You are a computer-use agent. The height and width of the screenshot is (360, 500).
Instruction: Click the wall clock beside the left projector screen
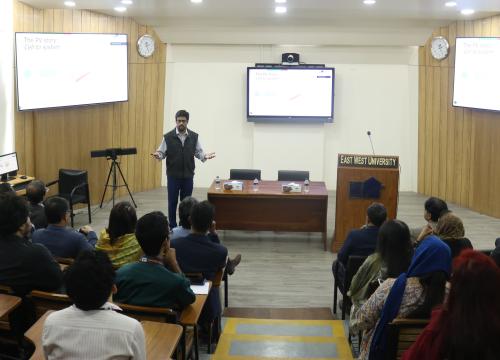point(146,46)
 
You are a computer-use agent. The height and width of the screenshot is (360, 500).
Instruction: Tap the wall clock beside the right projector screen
point(439,48)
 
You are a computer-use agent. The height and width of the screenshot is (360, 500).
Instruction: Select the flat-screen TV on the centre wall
point(290,93)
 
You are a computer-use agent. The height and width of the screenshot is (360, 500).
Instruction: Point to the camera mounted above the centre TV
point(290,58)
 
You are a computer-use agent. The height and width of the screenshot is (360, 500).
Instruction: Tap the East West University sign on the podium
point(367,160)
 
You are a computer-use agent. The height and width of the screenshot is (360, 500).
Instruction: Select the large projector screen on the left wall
point(71,70)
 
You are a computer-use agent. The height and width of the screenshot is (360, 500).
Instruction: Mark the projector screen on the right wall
point(476,73)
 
